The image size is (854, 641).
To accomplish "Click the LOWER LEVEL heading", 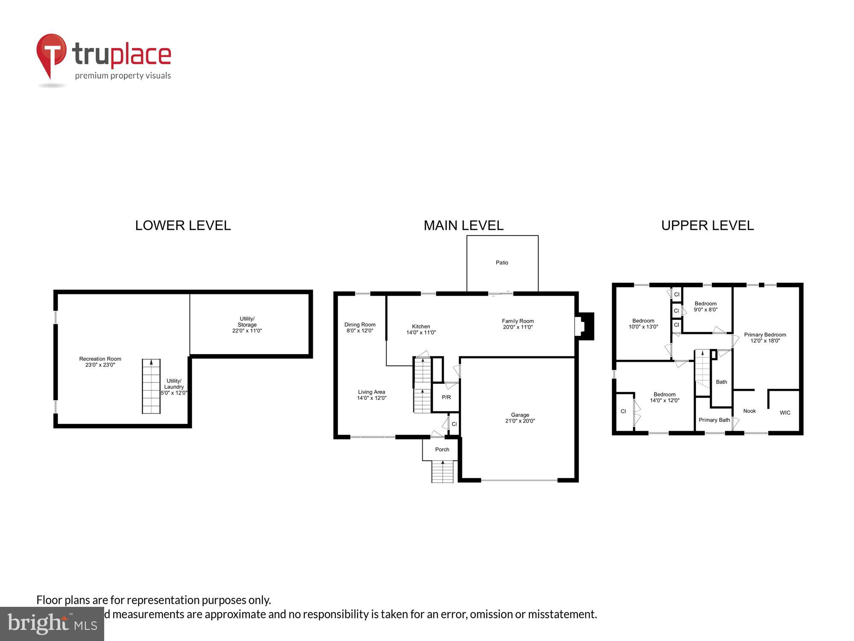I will [x=183, y=225].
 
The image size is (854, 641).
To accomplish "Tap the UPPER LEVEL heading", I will [x=707, y=225].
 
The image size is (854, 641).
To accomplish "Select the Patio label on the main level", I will [x=502, y=262].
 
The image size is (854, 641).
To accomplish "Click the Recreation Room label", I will [x=100, y=362].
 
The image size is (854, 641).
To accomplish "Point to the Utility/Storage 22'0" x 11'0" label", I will [x=247, y=325].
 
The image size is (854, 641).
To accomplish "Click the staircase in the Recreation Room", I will [x=151, y=386].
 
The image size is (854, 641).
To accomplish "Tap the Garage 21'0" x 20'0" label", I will [x=520, y=418].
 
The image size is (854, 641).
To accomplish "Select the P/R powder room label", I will [x=446, y=397].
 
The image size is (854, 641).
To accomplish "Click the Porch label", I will [x=442, y=450].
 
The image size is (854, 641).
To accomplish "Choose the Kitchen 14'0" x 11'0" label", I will [x=421, y=329].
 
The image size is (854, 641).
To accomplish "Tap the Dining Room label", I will [x=360, y=327].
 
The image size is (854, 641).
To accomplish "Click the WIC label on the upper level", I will [x=785, y=412].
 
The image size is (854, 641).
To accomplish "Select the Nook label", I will [x=749, y=411].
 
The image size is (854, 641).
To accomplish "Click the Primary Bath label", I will [x=714, y=420].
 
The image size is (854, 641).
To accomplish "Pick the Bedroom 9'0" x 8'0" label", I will [x=705, y=306].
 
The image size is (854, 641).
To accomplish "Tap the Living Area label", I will [x=371, y=395].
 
